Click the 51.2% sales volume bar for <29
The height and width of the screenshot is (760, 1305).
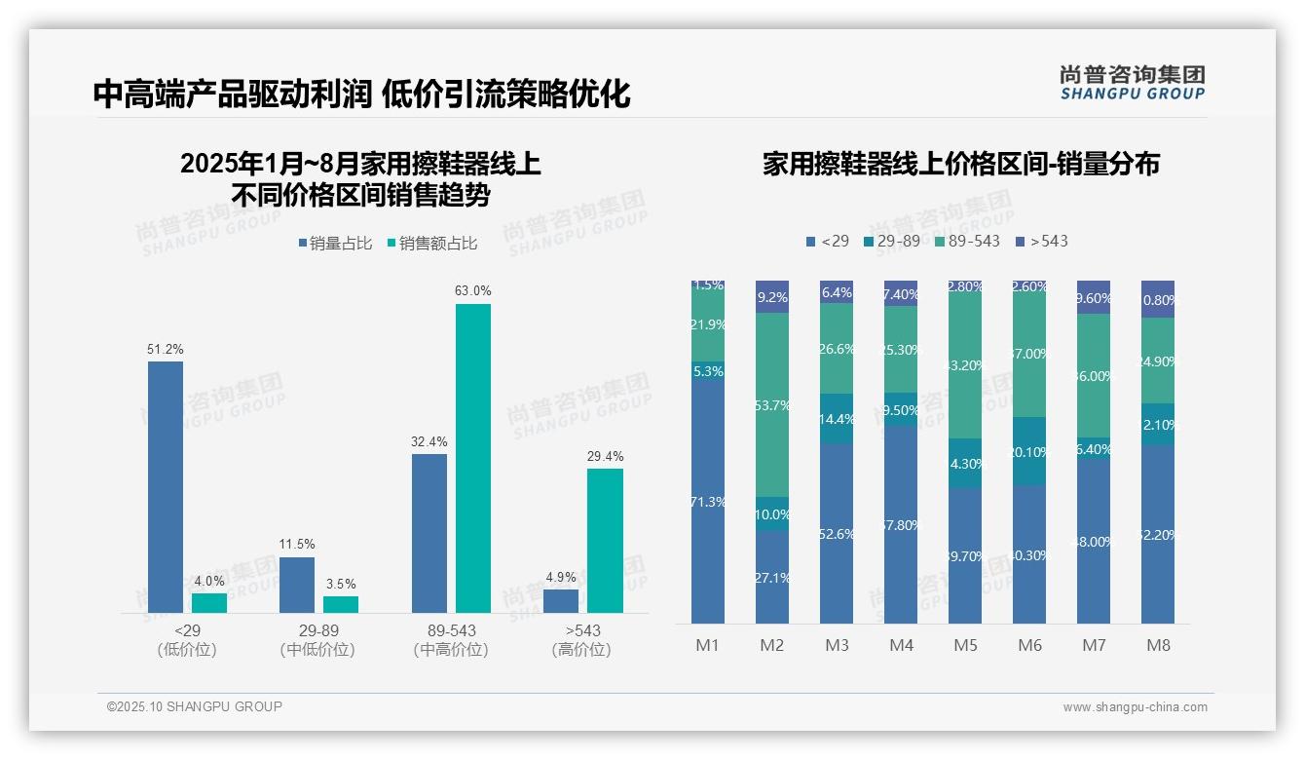coord(166,486)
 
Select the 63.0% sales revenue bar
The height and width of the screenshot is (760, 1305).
coord(473,458)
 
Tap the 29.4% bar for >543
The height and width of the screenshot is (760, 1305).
coord(605,540)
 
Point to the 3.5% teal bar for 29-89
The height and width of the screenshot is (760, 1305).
coord(341,604)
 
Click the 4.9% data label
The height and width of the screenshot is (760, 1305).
coord(561,577)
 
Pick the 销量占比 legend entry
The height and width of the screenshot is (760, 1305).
coord(335,244)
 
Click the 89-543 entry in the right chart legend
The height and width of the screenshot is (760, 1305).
coord(967,241)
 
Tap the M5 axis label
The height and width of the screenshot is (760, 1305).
coord(965,645)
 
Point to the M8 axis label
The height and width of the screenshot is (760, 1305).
coord(1158,645)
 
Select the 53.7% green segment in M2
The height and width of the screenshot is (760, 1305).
coord(772,404)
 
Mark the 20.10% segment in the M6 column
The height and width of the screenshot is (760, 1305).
coord(1029,451)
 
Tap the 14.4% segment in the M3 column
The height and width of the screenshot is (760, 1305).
coord(837,419)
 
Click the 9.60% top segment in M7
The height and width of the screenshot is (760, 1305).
coord(1094,297)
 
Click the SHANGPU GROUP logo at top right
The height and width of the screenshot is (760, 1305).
coord(1132,83)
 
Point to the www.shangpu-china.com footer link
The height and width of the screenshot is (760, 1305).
coord(1135,707)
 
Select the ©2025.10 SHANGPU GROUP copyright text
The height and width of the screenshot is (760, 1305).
coord(195,706)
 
